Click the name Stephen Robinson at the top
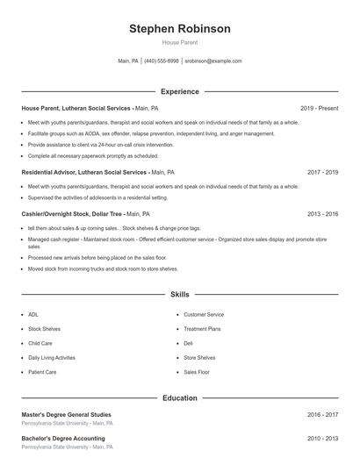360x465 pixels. (x=180, y=29)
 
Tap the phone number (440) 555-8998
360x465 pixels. (x=161, y=61)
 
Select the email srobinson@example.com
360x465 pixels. (x=213, y=61)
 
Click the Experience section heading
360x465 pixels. (x=180, y=91)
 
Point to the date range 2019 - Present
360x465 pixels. (x=319, y=108)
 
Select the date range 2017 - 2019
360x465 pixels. (x=322, y=173)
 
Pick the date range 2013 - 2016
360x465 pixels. (x=322, y=213)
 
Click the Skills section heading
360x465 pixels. (x=180, y=295)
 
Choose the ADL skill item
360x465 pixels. (x=33, y=314)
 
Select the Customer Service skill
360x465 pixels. (x=204, y=314)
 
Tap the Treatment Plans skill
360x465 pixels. (x=202, y=328)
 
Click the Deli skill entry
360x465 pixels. (x=189, y=343)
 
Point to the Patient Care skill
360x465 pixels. (x=42, y=372)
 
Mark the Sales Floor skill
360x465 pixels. (x=197, y=372)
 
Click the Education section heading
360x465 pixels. (x=180, y=397)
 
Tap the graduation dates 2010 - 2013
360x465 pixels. (x=322, y=437)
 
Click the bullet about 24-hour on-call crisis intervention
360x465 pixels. (x=100, y=144)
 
